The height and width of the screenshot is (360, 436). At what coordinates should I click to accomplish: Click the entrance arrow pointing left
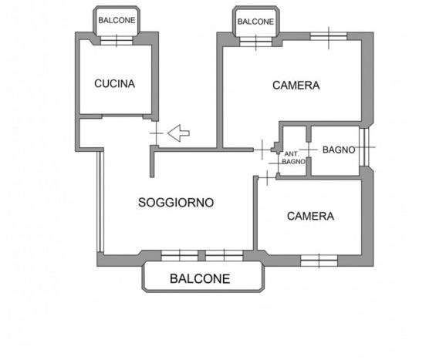coord(178,133)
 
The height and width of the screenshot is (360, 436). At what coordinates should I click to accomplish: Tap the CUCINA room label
coord(114,83)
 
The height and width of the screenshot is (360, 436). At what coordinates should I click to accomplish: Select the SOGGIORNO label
coord(176,203)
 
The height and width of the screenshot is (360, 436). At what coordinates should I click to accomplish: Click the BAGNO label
coord(339,150)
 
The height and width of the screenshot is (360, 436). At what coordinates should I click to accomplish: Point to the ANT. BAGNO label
coord(294,158)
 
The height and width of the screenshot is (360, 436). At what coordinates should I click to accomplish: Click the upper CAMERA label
coord(296,86)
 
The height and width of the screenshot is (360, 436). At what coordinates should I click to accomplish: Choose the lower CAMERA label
coord(310,216)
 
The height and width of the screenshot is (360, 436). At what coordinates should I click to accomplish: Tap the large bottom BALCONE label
coord(200,278)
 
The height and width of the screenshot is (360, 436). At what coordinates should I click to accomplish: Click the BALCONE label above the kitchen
coord(117,20)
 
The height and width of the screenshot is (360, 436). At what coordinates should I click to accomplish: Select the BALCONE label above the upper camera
coord(255,22)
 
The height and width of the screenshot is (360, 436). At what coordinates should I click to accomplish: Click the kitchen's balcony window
coord(117,41)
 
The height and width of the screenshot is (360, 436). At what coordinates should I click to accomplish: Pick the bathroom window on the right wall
coord(364,147)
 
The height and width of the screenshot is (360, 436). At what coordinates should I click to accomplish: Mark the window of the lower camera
coord(319,261)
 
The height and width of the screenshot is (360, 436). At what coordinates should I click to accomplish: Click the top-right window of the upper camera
coord(329,36)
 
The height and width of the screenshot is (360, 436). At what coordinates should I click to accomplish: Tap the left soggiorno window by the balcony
coord(180,256)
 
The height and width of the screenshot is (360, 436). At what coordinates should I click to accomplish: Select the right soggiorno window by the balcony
coord(224,256)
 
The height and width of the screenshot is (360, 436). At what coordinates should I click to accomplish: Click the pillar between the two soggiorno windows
coord(202,256)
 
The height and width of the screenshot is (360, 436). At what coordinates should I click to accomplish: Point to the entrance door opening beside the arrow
coord(157,133)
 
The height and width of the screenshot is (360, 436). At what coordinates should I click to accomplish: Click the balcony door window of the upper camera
coord(255,42)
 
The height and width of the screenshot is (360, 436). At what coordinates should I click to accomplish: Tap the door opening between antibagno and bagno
coord(309,150)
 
